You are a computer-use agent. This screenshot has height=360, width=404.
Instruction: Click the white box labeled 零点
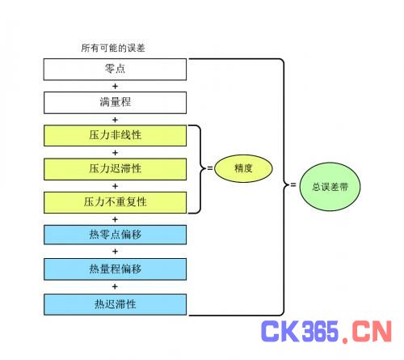(115, 70)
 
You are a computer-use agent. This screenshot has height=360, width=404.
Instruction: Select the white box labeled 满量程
(115, 103)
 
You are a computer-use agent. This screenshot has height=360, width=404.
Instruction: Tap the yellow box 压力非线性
(115, 136)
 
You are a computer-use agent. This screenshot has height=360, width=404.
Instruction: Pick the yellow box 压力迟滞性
(115, 169)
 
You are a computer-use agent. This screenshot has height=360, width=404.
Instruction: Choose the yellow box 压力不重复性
(115, 202)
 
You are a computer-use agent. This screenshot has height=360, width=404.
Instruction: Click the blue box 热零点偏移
(115, 235)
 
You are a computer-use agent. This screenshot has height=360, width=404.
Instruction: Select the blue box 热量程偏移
(115, 269)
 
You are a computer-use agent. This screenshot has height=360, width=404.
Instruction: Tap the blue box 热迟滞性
(115, 304)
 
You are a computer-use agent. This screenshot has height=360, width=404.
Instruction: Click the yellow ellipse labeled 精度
(243, 168)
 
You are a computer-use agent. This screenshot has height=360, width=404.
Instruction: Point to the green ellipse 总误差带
(330, 187)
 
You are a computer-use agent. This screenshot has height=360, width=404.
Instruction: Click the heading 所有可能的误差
(113, 48)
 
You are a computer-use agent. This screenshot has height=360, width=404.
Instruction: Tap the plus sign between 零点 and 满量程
(115, 87)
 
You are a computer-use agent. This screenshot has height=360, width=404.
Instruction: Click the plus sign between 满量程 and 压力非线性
(115, 120)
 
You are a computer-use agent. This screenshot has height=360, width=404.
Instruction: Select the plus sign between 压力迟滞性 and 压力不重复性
(115, 186)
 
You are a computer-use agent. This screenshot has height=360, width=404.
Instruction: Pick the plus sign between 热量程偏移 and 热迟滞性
(115, 286)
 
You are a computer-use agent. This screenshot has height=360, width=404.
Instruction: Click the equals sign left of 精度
(210, 168)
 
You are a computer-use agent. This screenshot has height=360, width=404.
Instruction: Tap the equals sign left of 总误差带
(293, 184)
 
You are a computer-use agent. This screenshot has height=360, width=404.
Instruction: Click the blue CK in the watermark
(280, 331)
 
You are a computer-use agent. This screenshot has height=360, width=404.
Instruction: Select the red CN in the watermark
(372, 331)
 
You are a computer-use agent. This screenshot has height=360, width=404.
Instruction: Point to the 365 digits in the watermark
(320, 331)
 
